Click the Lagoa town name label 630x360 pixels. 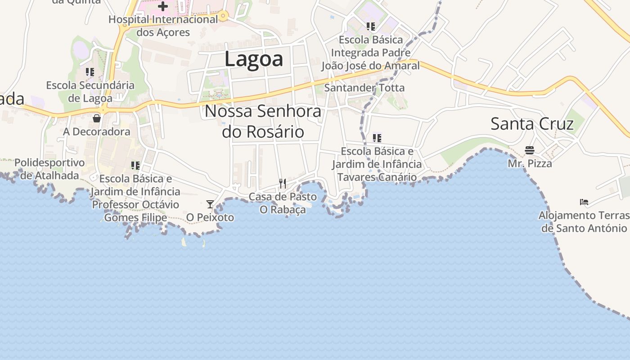[254, 59]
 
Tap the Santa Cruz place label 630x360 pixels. [532, 124]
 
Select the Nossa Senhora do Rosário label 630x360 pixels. [263, 121]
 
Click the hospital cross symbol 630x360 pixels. [162, 6]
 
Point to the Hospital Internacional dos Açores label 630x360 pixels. [163, 26]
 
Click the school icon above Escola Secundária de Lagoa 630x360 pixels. [90, 72]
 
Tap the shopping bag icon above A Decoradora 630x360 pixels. [96, 118]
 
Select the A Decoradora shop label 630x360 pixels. [96, 132]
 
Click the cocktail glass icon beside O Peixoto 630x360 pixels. [210, 204]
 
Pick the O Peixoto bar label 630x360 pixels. [210, 218]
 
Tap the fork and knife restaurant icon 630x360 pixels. [283, 183]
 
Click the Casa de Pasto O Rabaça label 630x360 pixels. [283, 203]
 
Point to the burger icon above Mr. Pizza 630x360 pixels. [530, 150]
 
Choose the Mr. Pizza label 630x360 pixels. [530, 163]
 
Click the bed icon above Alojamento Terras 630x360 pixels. [584, 202]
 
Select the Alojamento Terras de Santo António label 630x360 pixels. [584, 222]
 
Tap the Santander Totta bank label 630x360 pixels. [364, 88]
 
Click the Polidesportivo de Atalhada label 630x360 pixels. [49, 169]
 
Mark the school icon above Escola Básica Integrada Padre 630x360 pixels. [370, 27]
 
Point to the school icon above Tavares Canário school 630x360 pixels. [377, 138]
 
